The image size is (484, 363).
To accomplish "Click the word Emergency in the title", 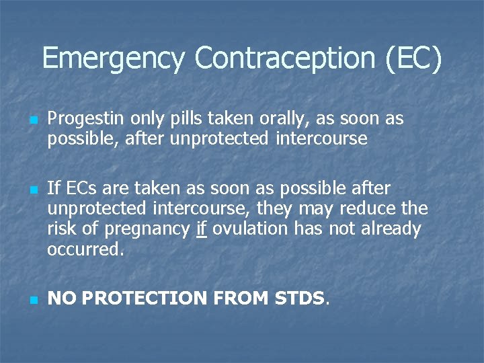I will click(112, 58).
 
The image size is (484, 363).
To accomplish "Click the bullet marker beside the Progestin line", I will click(32, 120).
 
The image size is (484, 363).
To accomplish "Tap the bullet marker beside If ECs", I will click(32, 189).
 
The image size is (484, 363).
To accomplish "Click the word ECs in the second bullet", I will click(77, 188).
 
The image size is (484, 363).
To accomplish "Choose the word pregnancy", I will click(147, 229).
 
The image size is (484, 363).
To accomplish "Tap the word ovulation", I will click(249, 229).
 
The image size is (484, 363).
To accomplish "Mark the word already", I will click(390, 229).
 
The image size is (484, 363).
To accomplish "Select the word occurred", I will click(86, 250).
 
